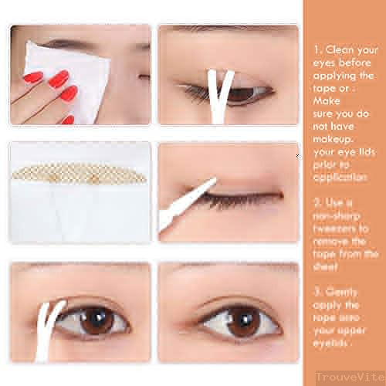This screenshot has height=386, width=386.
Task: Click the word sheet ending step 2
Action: pos(328,265)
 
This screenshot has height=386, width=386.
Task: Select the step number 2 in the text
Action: pos(317,204)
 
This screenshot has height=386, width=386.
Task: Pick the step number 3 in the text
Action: pos(317,291)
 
